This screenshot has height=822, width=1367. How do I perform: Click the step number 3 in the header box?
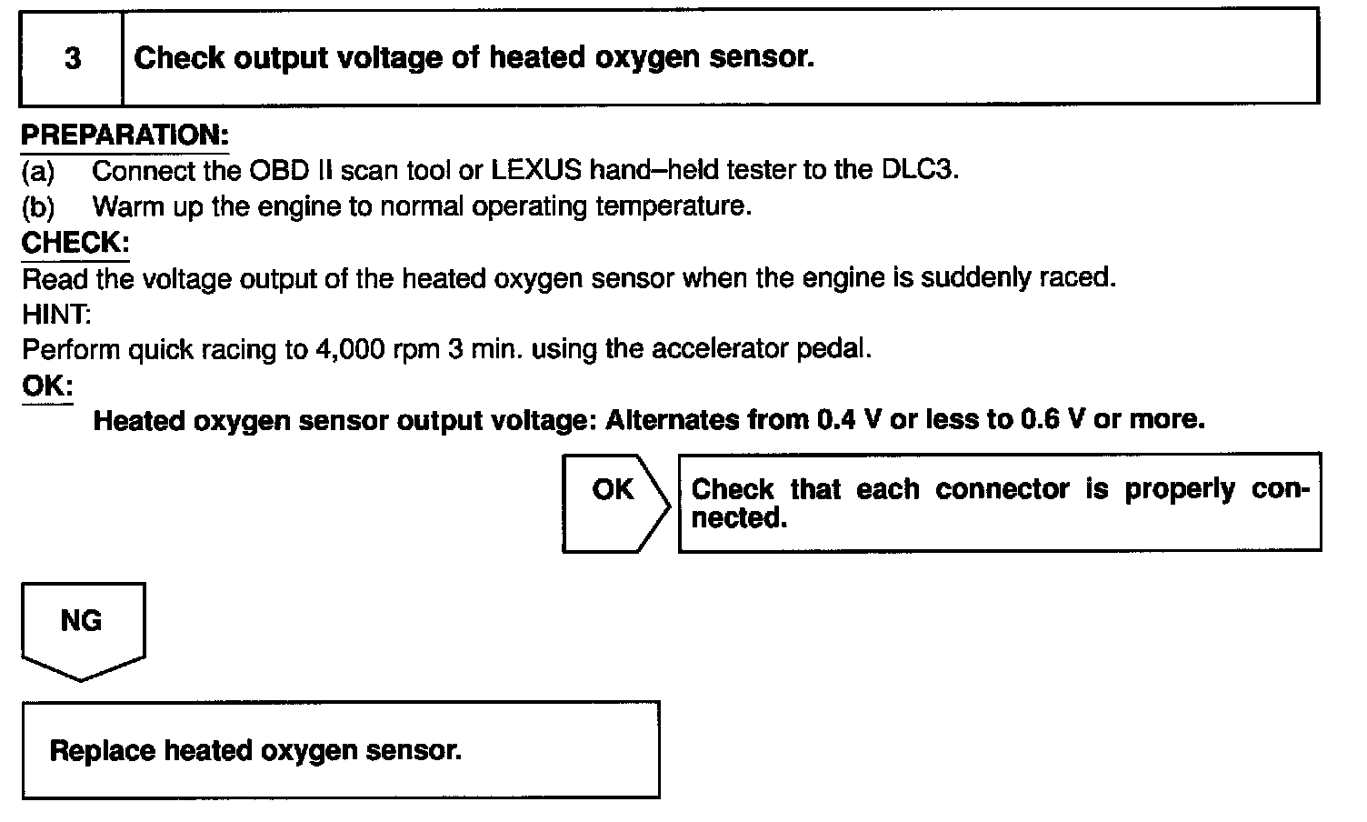(72, 58)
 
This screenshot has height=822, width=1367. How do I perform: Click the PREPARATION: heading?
(125, 135)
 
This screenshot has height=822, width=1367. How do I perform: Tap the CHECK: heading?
(75, 243)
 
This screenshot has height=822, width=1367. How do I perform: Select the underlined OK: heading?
(46, 386)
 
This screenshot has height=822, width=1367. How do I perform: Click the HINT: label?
(55, 314)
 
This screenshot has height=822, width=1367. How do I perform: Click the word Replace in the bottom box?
(103, 751)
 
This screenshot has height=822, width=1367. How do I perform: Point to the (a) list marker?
(37, 171)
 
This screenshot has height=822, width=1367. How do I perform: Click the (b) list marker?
(37, 207)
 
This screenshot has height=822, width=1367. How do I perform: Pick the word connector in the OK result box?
(1002, 489)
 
